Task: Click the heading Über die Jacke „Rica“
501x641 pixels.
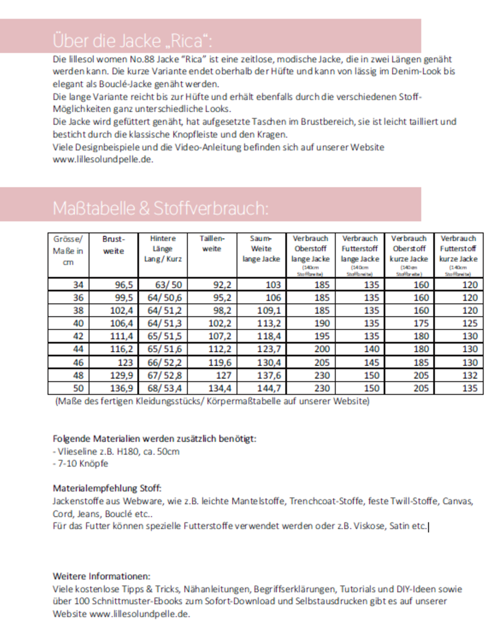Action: [x=132, y=41]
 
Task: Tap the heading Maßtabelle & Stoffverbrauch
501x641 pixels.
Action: [x=161, y=208]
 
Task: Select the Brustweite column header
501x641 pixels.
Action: [x=113, y=245]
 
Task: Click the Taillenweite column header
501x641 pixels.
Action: [x=212, y=244]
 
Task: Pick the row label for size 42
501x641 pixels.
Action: [x=78, y=336]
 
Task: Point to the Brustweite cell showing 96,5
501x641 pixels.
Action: [x=124, y=285]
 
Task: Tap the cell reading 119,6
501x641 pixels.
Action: [x=220, y=362]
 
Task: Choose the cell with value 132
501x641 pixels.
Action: [x=470, y=375]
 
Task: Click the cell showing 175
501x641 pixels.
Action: [x=421, y=323]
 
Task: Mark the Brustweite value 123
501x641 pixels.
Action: [x=125, y=362]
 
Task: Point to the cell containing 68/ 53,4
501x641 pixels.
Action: [x=164, y=388]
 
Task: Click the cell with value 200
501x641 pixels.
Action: [x=322, y=349]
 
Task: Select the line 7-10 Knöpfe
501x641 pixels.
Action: [x=81, y=464]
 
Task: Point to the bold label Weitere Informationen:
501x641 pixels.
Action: [x=101, y=576]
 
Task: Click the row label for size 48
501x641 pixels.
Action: [x=78, y=375]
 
